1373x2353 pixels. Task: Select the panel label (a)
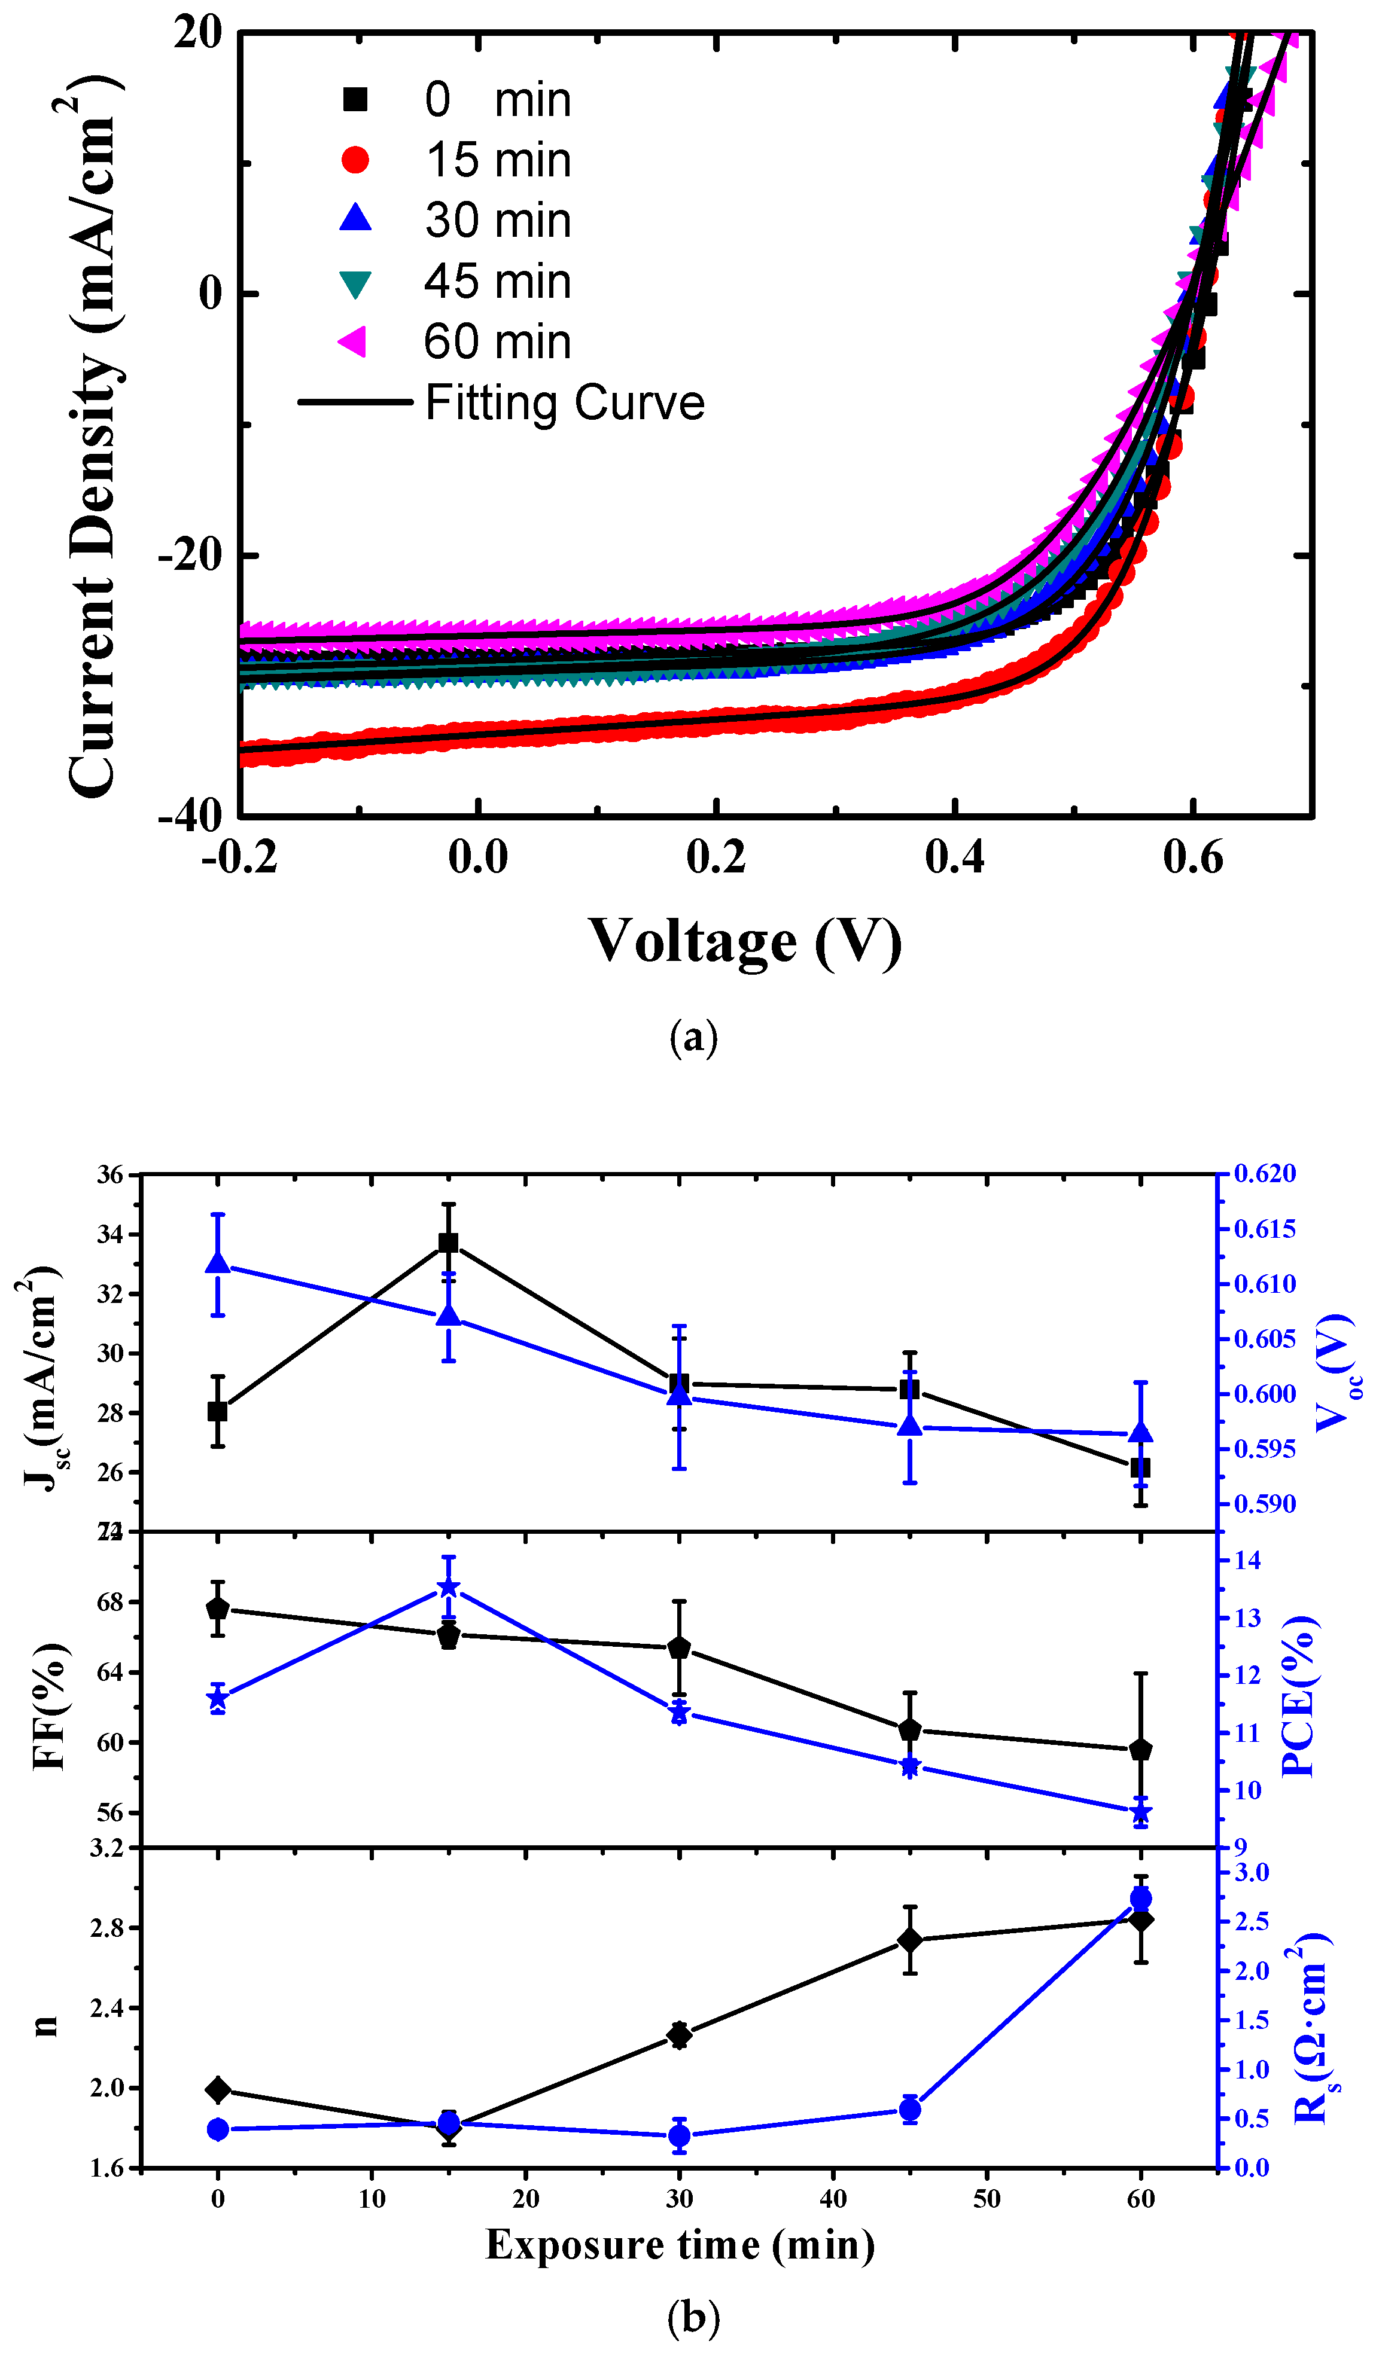[693, 1037]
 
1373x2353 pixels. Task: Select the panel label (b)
[693, 2316]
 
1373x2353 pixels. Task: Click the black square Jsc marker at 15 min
[448, 1243]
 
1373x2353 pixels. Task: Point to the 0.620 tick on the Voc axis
[1265, 1174]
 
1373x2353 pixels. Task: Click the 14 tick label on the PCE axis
[1248, 1560]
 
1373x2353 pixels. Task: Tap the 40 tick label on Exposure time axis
[833, 2198]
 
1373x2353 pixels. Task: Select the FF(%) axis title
[48, 1707]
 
